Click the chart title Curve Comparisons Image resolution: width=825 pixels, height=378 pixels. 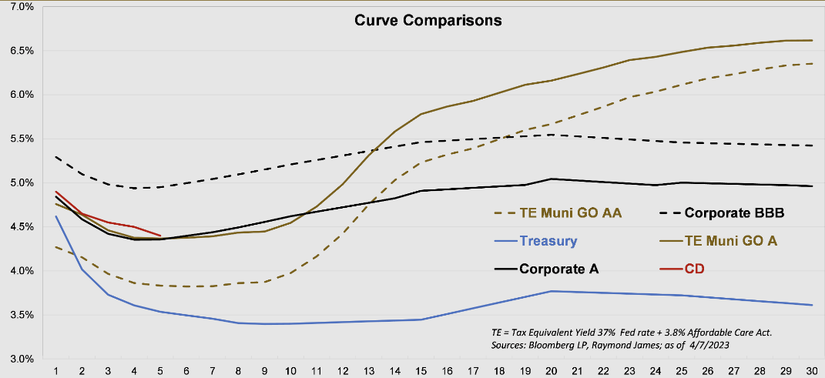(x=428, y=21)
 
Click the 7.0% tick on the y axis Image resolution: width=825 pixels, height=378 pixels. (x=21, y=7)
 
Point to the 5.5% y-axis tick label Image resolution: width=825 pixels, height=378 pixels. (x=21, y=139)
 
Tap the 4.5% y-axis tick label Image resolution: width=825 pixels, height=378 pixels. (x=21, y=227)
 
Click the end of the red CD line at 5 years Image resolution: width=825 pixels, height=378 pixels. (x=160, y=236)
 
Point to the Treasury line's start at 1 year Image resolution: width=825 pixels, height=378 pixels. (x=56, y=216)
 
